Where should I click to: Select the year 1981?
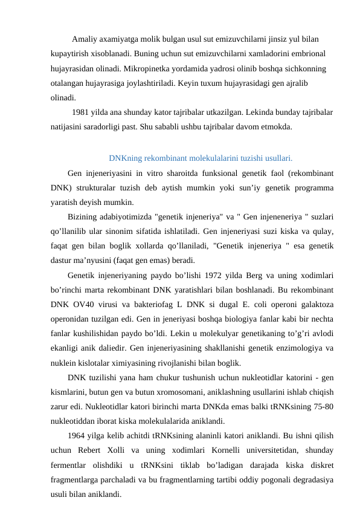(82, 112)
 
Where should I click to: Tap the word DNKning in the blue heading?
(124, 160)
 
